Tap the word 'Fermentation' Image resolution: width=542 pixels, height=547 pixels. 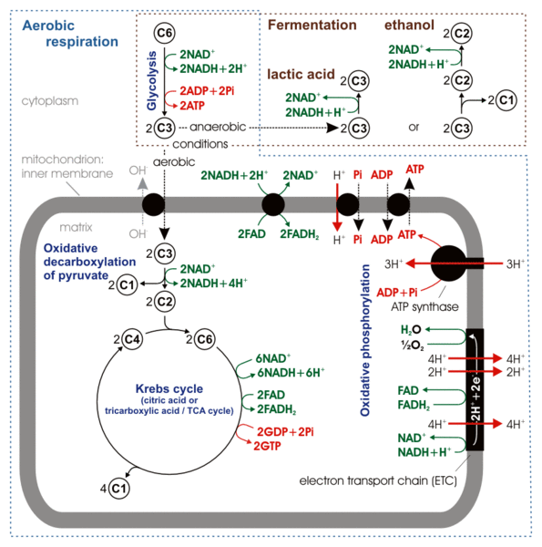click(x=312, y=26)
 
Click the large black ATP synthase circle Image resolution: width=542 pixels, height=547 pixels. click(x=446, y=264)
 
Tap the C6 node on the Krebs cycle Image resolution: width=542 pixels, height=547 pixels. click(x=203, y=341)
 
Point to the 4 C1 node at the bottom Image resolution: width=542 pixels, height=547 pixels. click(x=120, y=490)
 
